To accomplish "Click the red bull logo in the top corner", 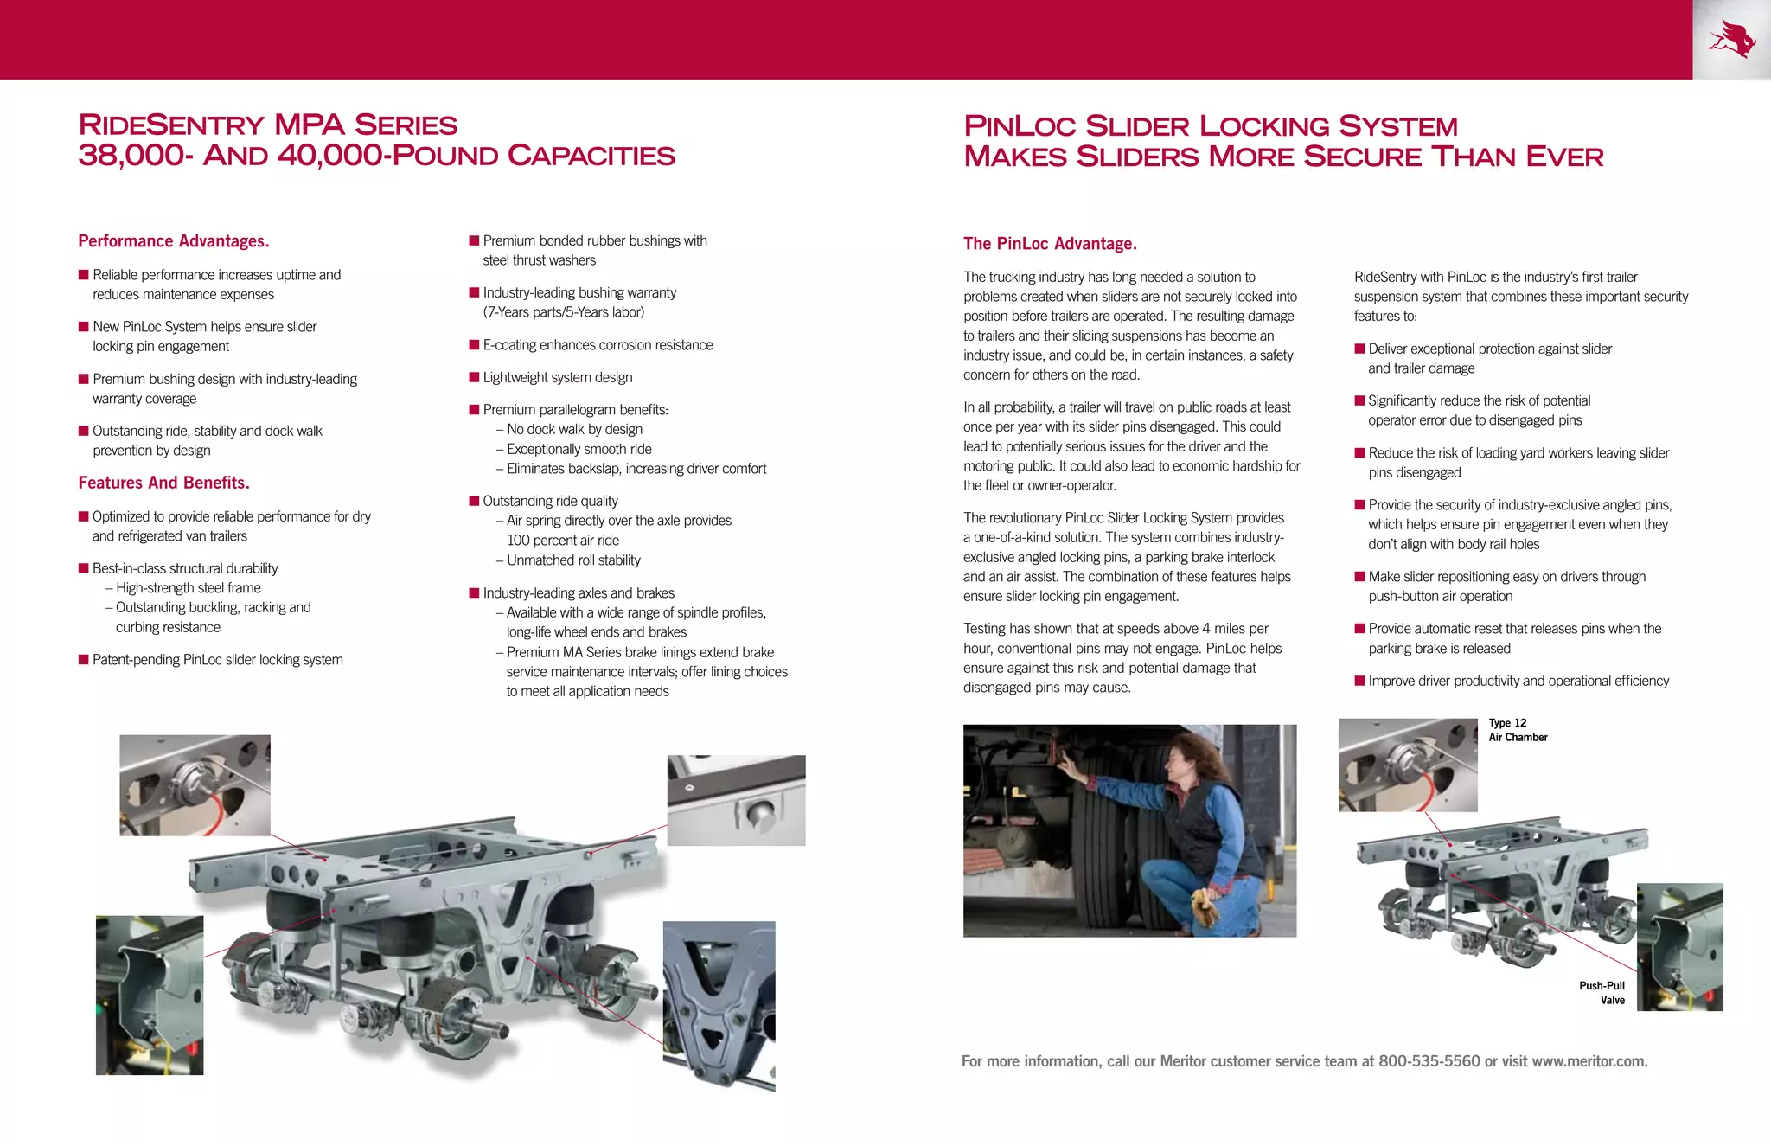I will [1732, 40].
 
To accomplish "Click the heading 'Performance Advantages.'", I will [174, 241].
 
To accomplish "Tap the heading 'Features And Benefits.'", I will [163, 483].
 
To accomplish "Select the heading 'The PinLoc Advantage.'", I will [1050, 244].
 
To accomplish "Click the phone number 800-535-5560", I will [1429, 1061].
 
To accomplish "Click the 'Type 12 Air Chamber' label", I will [1517, 730].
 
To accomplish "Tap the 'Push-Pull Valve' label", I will [1602, 993].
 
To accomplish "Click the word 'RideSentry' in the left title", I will [170, 125].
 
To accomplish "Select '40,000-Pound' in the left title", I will [388, 156].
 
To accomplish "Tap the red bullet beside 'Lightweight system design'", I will [474, 377].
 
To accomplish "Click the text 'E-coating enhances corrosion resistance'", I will [598, 345].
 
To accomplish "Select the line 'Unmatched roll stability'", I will [573, 560].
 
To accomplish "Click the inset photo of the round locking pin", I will [736, 800].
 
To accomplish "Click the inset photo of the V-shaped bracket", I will [719, 1006].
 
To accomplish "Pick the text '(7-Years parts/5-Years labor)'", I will [563, 312].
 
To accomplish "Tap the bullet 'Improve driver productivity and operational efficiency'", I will [1518, 682].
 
